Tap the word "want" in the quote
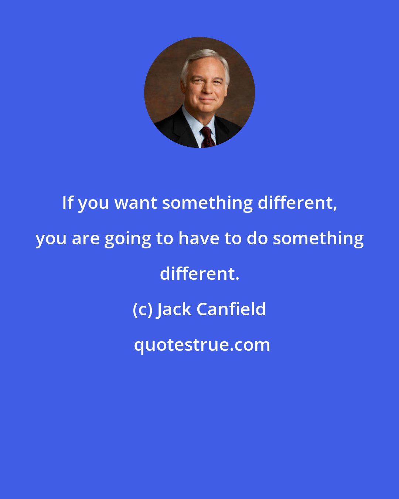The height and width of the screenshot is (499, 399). point(136,203)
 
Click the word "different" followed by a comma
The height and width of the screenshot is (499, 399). point(295,203)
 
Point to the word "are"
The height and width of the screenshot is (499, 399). point(86,241)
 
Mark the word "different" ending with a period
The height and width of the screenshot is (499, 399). point(199,274)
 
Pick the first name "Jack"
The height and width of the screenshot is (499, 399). point(174,309)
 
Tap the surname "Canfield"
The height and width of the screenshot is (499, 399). point(231,309)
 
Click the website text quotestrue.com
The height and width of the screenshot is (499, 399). point(202,345)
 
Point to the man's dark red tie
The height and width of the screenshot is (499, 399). point(208,138)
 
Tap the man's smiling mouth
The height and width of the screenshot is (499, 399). point(207,100)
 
